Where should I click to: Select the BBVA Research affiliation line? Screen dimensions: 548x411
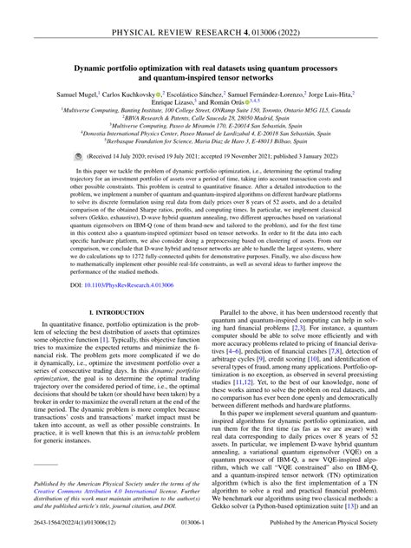pos(205,123)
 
